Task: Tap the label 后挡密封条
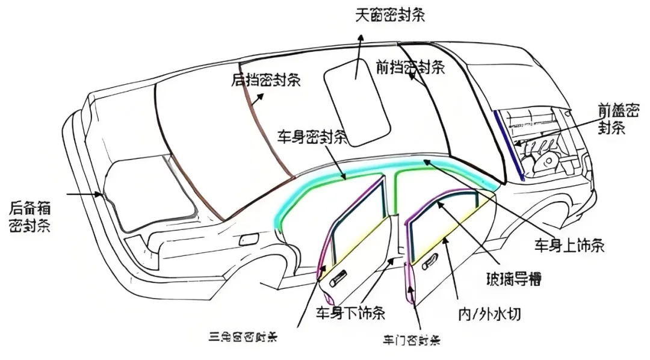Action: click(x=266, y=80)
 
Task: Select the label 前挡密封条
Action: click(x=410, y=66)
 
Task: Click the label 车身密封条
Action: click(x=312, y=137)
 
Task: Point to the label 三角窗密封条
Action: click(x=243, y=336)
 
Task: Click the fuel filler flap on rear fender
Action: click(x=247, y=238)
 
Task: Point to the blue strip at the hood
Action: click(x=508, y=144)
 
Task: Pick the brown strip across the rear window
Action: click(x=270, y=147)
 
